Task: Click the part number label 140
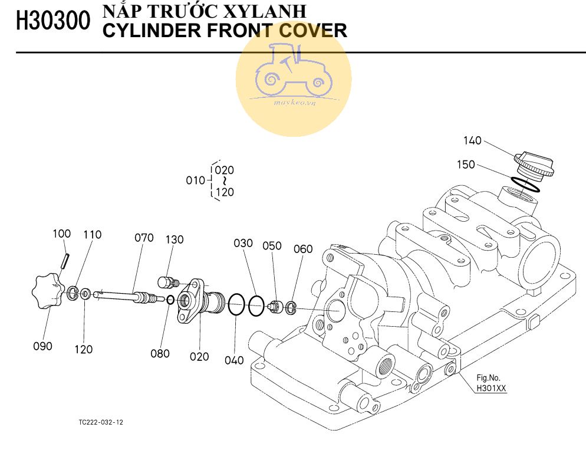472,141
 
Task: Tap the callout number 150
466,165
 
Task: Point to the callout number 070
144,238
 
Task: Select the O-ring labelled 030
256,306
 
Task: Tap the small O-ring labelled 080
170,300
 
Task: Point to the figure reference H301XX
492,388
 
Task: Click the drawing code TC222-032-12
101,422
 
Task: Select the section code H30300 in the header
53,22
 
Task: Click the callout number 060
303,249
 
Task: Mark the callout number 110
92,235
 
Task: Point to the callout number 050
272,245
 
